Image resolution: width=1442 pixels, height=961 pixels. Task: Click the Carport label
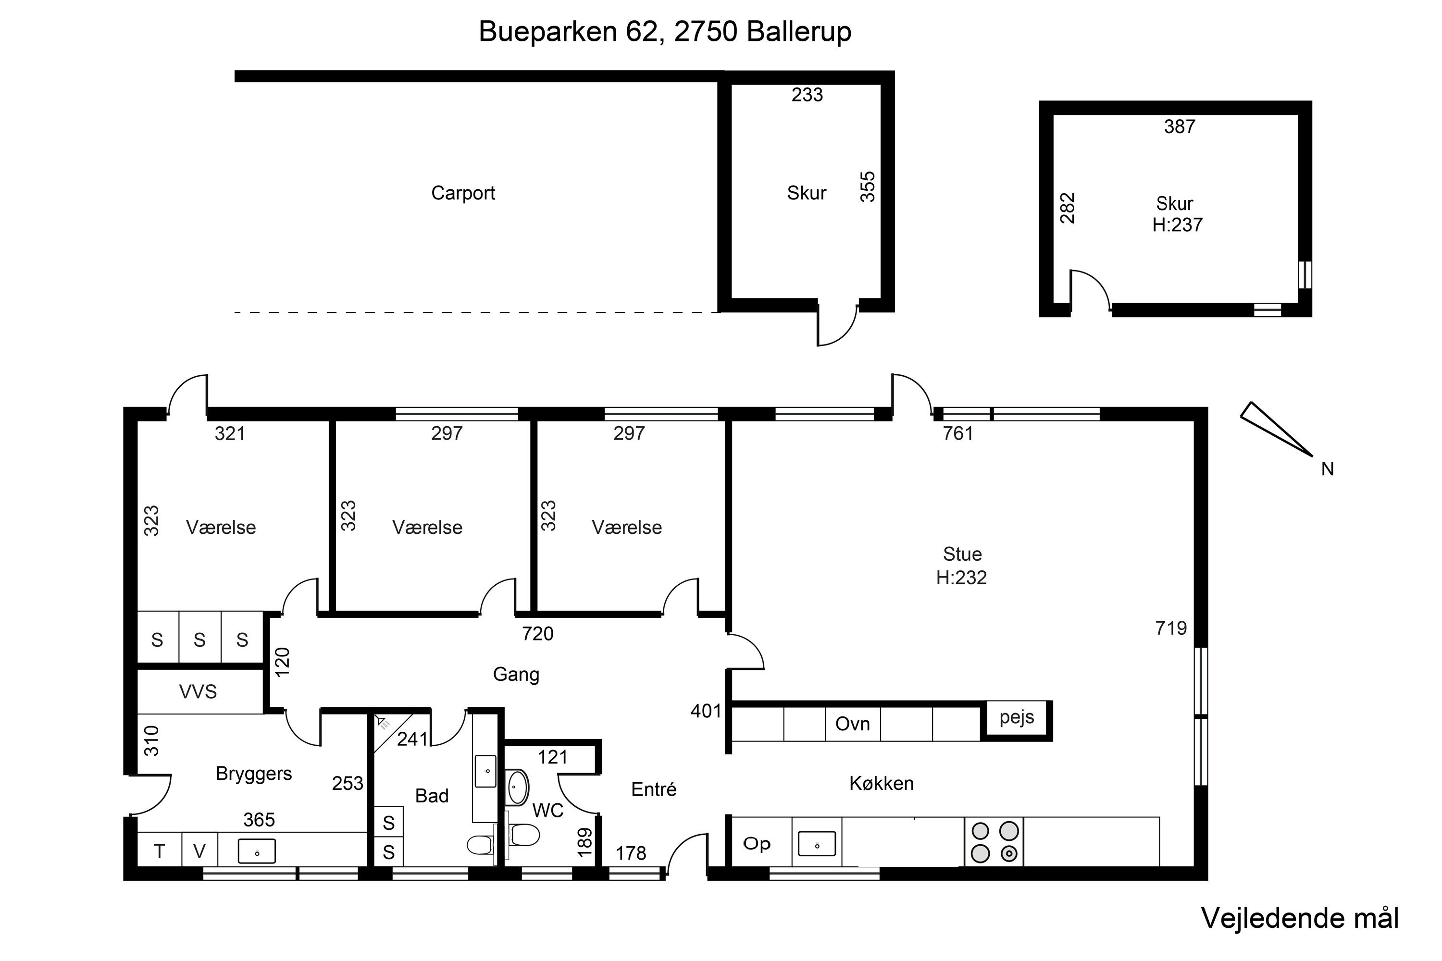point(463,194)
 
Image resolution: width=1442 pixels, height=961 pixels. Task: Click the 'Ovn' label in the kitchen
point(852,724)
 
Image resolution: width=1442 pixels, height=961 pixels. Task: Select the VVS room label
point(198,692)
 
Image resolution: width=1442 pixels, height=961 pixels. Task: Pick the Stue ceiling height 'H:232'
point(961,578)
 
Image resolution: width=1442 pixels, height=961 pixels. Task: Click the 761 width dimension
point(957,433)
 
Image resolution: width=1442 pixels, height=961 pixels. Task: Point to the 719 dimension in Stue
point(1171,628)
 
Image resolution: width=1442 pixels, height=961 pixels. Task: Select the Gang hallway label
point(516,675)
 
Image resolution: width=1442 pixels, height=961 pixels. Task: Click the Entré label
point(654,789)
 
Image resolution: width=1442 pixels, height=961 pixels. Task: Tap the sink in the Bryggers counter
point(256,851)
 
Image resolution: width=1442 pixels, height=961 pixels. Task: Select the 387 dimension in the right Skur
point(1180,127)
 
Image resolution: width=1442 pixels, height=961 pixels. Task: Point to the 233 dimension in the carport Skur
point(807,95)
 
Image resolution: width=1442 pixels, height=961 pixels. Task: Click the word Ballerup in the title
point(799,32)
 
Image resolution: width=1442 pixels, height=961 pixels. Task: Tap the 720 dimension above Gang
point(538,634)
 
